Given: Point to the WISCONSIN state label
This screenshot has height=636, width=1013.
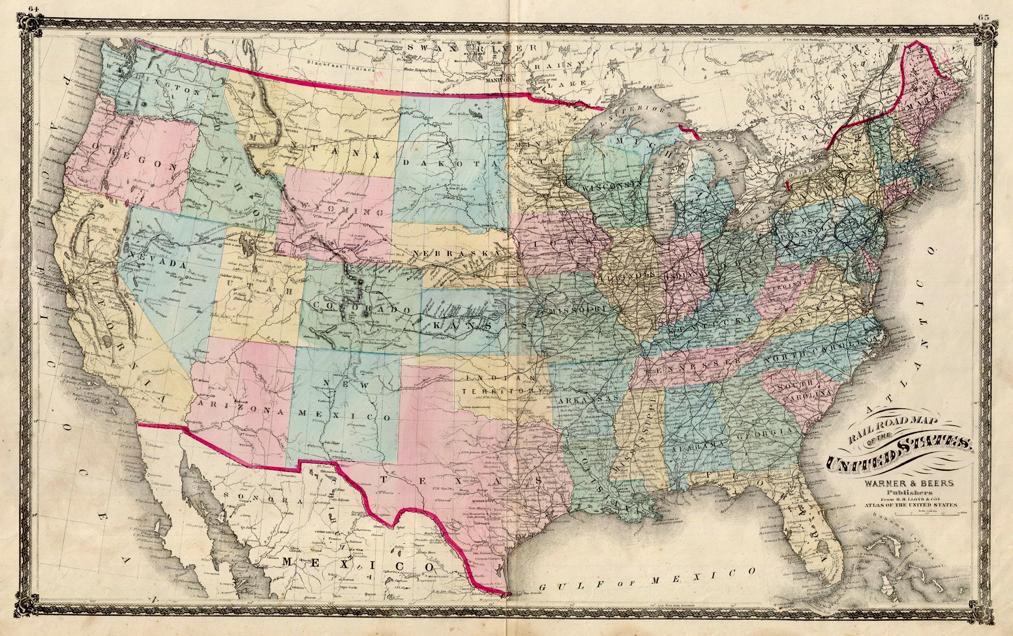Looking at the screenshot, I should [x=608, y=188].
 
